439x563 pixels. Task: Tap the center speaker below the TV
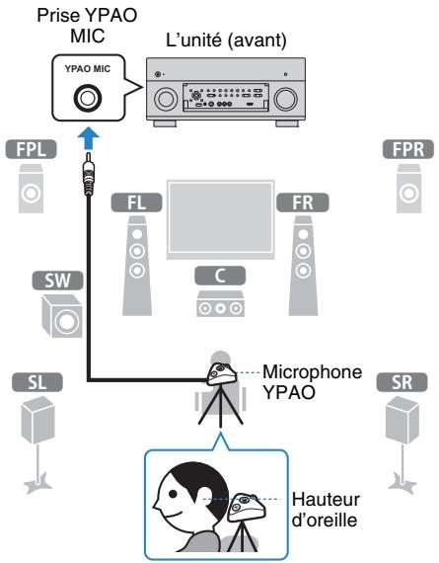[x=219, y=304]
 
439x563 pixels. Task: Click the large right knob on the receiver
[x=287, y=100]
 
